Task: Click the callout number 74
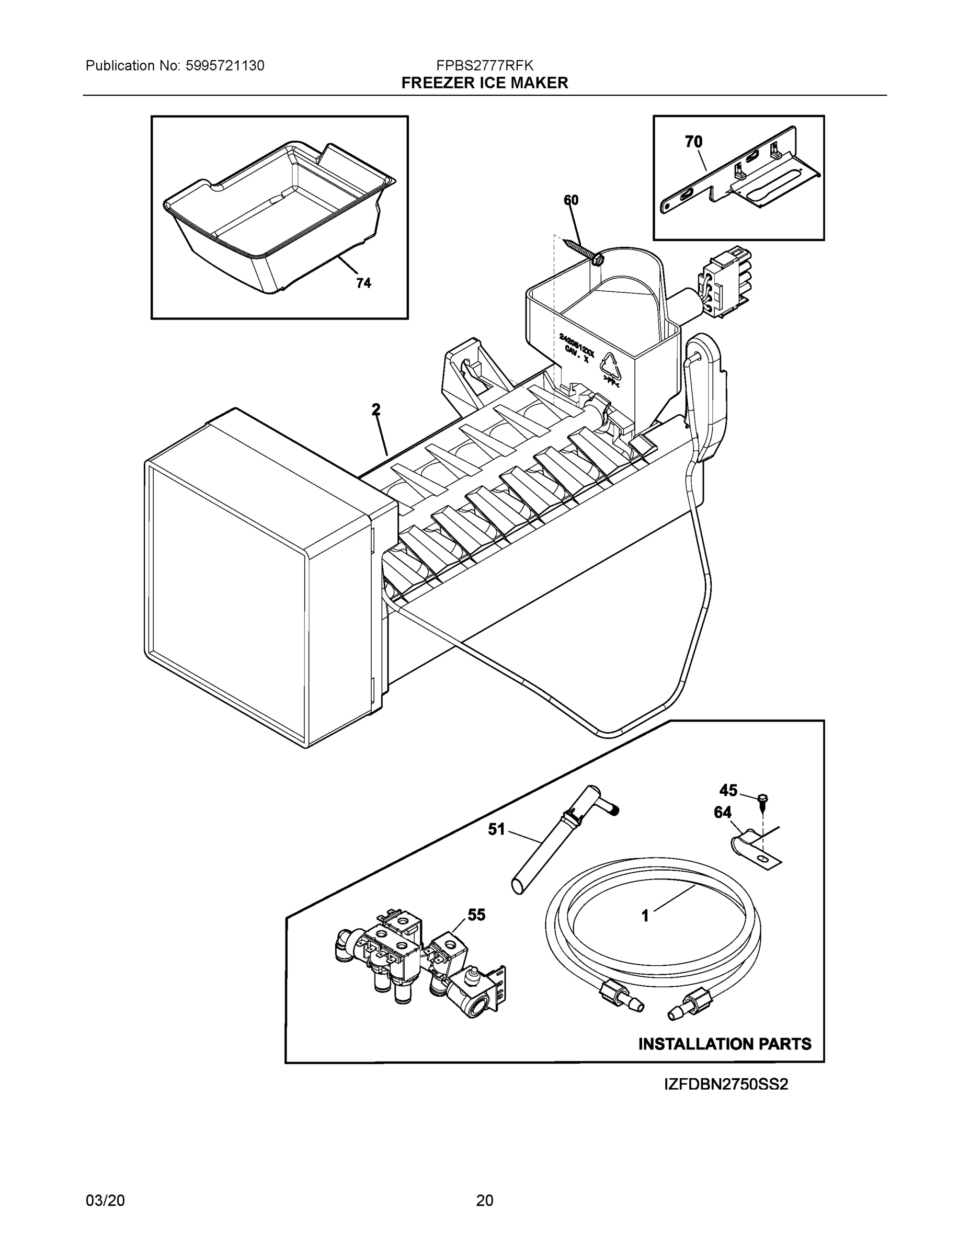point(363,283)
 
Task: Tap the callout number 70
point(693,141)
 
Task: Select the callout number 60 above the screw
point(570,200)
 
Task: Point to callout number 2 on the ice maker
point(376,410)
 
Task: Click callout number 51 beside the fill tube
point(496,829)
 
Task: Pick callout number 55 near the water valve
point(476,914)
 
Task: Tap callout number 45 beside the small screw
point(728,791)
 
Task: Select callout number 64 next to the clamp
point(722,813)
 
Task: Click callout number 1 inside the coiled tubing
point(645,916)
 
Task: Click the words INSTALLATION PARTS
point(725,1044)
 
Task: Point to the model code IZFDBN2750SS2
point(726,1085)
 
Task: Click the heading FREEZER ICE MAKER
point(484,83)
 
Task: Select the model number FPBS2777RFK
point(484,65)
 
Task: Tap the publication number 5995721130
point(225,65)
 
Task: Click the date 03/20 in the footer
point(105,1200)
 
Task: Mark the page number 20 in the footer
point(484,1200)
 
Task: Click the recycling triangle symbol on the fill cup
point(610,367)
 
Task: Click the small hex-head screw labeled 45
point(763,800)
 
